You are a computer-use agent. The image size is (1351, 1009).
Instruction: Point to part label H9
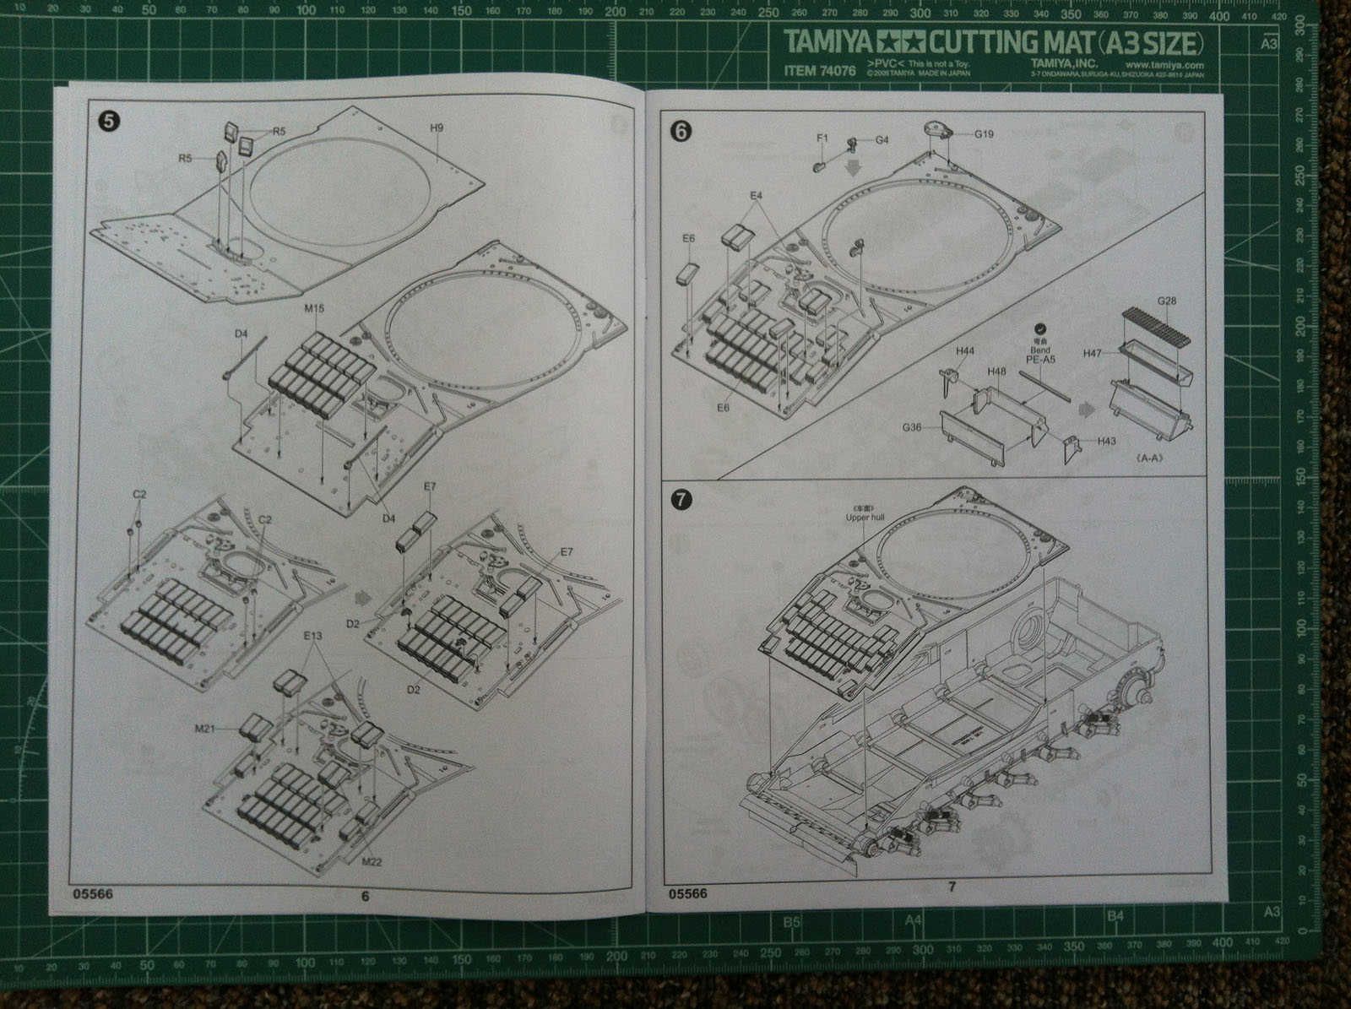[437, 128]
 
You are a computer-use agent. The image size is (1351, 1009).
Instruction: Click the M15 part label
[314, 309]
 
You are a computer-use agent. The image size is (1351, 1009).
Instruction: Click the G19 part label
[985, 133]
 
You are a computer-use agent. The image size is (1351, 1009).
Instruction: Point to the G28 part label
[1167, 301]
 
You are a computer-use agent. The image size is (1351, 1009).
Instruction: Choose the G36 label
[911, 428]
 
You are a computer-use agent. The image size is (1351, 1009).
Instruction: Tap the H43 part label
[1108, 442]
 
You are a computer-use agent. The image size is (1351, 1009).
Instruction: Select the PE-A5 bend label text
[1040, 360]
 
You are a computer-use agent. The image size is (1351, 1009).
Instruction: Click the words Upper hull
[862, 518]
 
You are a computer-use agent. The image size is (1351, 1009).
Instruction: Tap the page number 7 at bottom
[951, 886]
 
